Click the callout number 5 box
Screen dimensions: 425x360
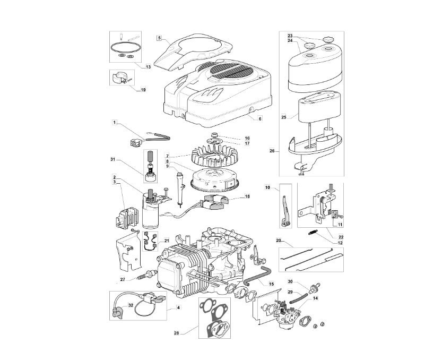coord(159,38)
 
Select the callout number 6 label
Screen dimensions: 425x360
coord(260,118)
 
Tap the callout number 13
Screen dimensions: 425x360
coord(148,67)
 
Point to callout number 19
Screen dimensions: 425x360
coord(143,90)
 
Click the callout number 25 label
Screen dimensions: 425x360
coord(284,117)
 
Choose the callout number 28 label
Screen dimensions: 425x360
coord(177,333)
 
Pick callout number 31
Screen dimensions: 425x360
coord(113,159)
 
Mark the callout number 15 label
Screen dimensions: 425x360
coord(271,284)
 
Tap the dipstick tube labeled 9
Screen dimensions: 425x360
coord(180,187)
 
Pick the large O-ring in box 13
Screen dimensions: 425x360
coord(126,47)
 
